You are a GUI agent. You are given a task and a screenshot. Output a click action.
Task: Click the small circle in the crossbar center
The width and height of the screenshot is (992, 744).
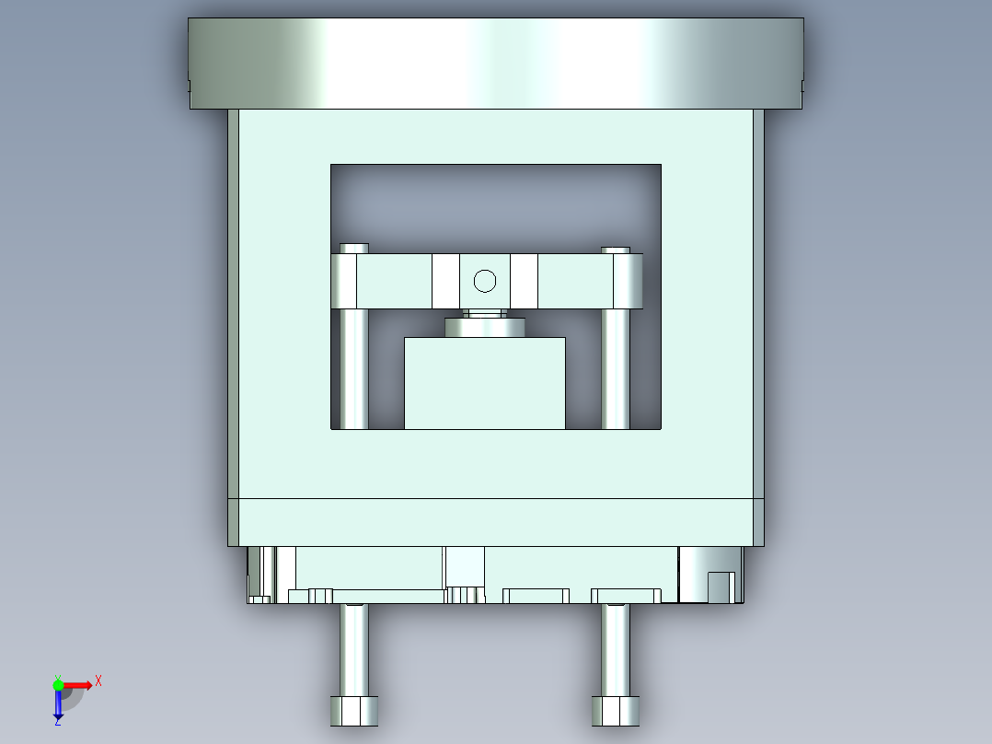[x=484, y=281]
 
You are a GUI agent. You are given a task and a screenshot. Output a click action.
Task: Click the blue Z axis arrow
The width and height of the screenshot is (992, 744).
[x=58, y=706]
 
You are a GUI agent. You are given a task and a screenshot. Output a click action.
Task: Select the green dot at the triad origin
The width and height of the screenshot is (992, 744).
[x=58, y=683]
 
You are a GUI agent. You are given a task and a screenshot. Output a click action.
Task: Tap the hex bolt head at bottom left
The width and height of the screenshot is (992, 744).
[x=353, y=710]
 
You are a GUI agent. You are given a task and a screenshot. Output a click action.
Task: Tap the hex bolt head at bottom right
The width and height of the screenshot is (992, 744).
[x=615, y=710]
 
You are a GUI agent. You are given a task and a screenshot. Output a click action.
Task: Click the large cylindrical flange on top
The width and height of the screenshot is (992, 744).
[x=495, y=63]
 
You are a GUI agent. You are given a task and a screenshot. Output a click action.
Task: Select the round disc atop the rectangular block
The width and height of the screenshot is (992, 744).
[x=484, y=327]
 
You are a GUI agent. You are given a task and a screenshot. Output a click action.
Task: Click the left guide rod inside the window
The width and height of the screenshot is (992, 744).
[x=353, y=368]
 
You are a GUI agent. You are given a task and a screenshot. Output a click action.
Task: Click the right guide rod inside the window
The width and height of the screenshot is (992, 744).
[x=615, y=368]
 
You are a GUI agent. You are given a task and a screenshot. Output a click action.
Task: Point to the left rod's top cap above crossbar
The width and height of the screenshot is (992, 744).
[x=354, y=248]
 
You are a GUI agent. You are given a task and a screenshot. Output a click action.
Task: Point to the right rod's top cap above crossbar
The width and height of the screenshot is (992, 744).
[x=616, y=249]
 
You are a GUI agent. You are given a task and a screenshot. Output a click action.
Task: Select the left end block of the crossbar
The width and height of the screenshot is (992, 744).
[x=345, y=281]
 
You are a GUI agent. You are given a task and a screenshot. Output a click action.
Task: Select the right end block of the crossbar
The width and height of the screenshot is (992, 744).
[x=628, y=281]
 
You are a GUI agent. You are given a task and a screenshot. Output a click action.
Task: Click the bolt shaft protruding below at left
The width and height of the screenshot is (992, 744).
[x=353, y=649]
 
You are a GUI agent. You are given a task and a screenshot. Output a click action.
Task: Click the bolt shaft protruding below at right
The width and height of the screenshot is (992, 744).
[x=615, y=649]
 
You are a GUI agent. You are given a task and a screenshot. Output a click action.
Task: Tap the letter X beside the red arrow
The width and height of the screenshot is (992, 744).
[x=98, y=680]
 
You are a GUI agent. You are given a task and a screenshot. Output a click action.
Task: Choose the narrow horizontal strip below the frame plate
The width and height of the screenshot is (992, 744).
[x=495, y=521]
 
